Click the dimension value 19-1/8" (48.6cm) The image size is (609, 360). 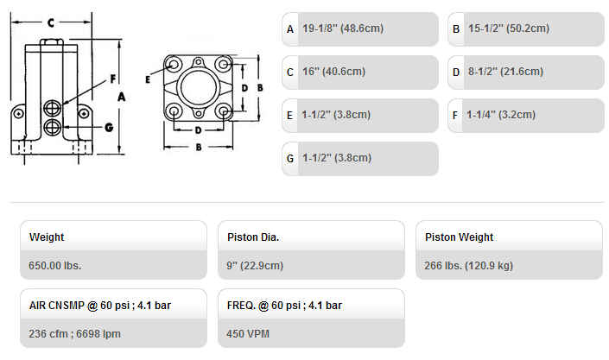(343, 28)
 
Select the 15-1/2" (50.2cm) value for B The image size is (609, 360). (509, 28)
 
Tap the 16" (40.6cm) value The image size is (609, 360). (333, 72)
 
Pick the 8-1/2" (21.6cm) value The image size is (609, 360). (505, 72)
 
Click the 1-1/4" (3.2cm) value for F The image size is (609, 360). (501, 115)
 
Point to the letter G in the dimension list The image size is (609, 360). (289, 159)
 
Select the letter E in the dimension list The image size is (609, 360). (289, 116)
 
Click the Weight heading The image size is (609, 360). (47, 237)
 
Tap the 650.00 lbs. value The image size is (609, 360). (54, 266)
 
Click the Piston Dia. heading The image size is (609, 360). (253, 237)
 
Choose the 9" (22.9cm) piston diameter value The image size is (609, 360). (255, 266)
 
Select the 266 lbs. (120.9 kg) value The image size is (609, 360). (468, 266)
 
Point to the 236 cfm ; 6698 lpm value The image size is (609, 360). (74, 333)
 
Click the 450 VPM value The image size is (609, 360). (248, 333)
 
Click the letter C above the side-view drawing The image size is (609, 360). (51, 23)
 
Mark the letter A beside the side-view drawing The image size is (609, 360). (121, 97)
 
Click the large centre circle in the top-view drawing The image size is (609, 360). (199, 88)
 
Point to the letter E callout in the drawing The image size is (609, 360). (148, 79)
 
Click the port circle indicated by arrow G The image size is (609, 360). (52, 127)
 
